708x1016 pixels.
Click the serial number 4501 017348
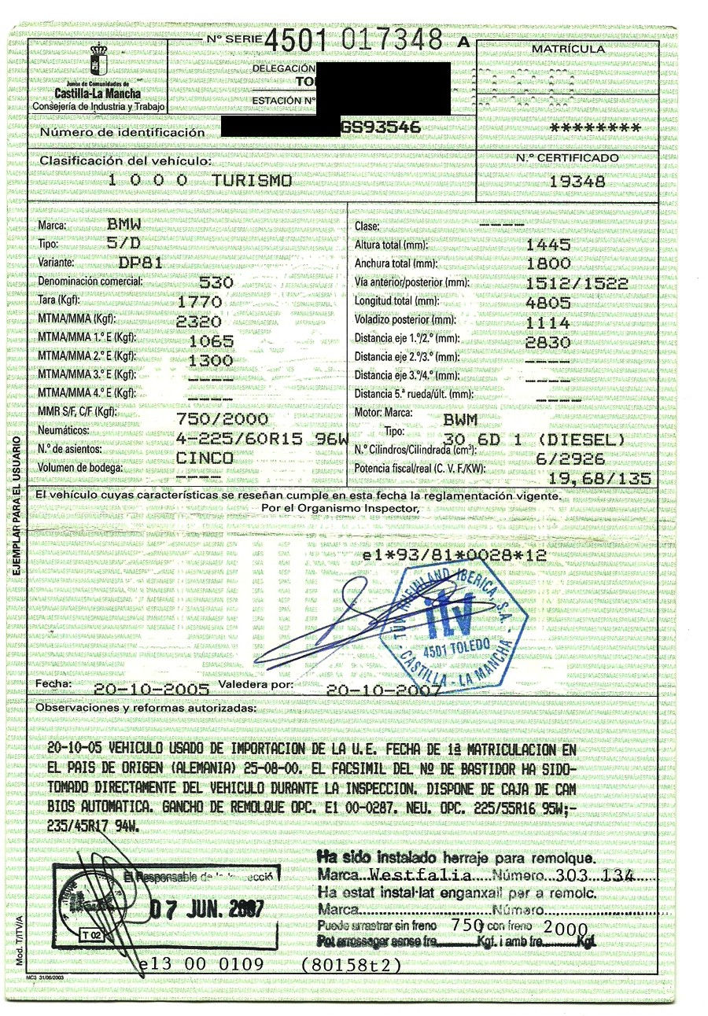click(x=354, y=41)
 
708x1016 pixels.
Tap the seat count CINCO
click(x=205, y=458)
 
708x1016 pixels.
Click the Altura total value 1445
click(x=553, y=245)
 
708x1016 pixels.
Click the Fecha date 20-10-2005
click(x=151, y=689)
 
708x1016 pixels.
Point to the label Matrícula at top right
click(x=568, y=50)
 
